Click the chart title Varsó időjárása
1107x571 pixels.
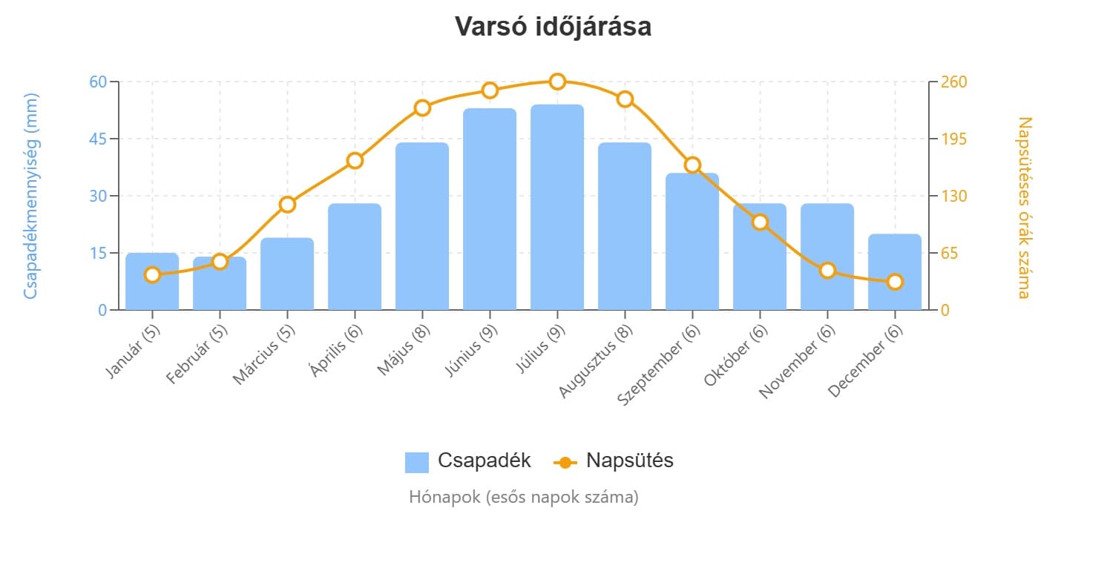pyautogui.click(x=553, y=27)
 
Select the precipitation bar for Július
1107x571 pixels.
pyautogui.click(x=557, y=208)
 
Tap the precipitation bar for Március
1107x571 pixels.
pyautogui.click(x=287, y=274)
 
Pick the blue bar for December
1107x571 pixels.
pyautogui.click(x=895, y=272)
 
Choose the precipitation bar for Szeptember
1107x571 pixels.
pyautogui.click(x=692, y=242)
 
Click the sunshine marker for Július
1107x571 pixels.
pyautogui.click(x=557, y=82)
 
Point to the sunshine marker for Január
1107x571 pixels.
pyautogui.click(x=152, y=275)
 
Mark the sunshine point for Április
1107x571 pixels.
pyautogui.click(x=355, y=161)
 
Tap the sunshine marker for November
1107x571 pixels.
pyautogui.click(x=827, y=271)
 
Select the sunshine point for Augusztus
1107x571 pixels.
pyautogui.click(x=625, y=99)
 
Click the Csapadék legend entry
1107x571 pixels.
pyautogui.click(x=468, y=461)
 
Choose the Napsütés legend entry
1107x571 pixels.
pyautogui.click(x=614, y=461)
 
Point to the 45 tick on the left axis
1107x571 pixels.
pyautogui.click(x=98, y=139)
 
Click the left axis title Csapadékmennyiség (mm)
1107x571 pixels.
pyautogui.click(x=30, y=196)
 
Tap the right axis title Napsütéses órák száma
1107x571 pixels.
pyautogui.click(x=1025, y=208)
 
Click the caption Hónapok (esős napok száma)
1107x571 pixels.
pyautogui.click(x=523, y=497)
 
